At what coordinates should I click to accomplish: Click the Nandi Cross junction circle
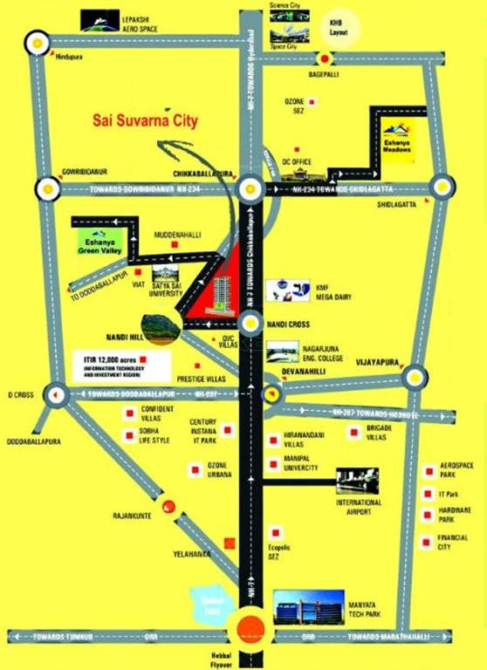point(250,326)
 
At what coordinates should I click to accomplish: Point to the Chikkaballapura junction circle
point(250,188)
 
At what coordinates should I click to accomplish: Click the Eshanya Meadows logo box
point(400,140)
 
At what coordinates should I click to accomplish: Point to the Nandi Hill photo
point(156,325)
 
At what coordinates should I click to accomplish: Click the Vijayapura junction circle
point(415,378)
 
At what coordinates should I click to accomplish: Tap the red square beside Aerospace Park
point(429,471)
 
